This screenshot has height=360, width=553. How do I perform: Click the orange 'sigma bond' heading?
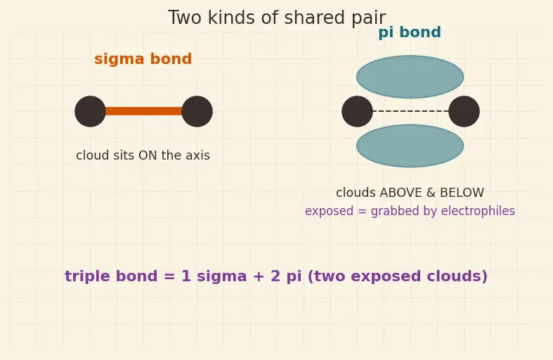[x=143, y=59]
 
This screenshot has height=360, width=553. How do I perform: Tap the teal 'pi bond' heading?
[x=410, y=32]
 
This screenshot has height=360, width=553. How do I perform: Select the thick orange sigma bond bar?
[x=143, y=111]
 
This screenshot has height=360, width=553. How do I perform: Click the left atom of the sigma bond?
[x=90, y=111]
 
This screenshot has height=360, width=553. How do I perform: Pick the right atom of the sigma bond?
[x=197, y=111]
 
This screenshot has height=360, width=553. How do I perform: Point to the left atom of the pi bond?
[x=357, y=111]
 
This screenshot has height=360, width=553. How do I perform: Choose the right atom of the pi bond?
[x=464, y=111]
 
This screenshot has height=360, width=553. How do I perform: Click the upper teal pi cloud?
[x=410, y=77]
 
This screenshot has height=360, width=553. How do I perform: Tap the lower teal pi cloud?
[x=410, y=146]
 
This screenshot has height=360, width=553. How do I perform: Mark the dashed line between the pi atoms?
[x=410, y=111]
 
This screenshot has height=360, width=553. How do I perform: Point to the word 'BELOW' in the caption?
[x=462, y=193]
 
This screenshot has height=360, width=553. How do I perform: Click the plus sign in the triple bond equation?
[x=258, y=276]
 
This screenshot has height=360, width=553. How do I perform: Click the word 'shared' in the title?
[x=310, y=18]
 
